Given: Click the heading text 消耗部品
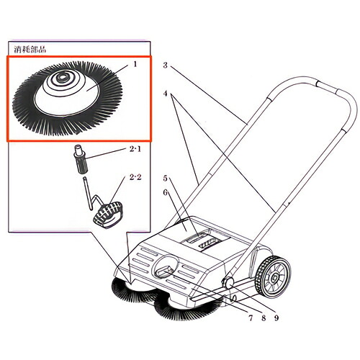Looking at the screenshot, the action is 30,50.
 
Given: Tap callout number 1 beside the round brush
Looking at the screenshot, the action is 135,64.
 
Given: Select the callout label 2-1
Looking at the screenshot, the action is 135,149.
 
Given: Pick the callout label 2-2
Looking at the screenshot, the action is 135,178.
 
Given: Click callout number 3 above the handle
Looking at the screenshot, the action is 165,66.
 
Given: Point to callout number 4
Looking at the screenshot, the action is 165,94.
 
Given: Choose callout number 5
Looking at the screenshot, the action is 165,179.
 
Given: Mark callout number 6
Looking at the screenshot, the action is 165,193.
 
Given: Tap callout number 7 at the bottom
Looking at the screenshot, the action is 251,318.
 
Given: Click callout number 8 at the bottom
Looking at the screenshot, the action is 264,318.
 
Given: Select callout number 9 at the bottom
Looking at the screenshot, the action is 276,318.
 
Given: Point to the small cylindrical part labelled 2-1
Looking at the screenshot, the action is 81,159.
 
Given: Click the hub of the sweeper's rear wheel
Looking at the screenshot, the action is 273,278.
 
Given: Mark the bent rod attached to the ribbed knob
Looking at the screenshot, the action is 92,196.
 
